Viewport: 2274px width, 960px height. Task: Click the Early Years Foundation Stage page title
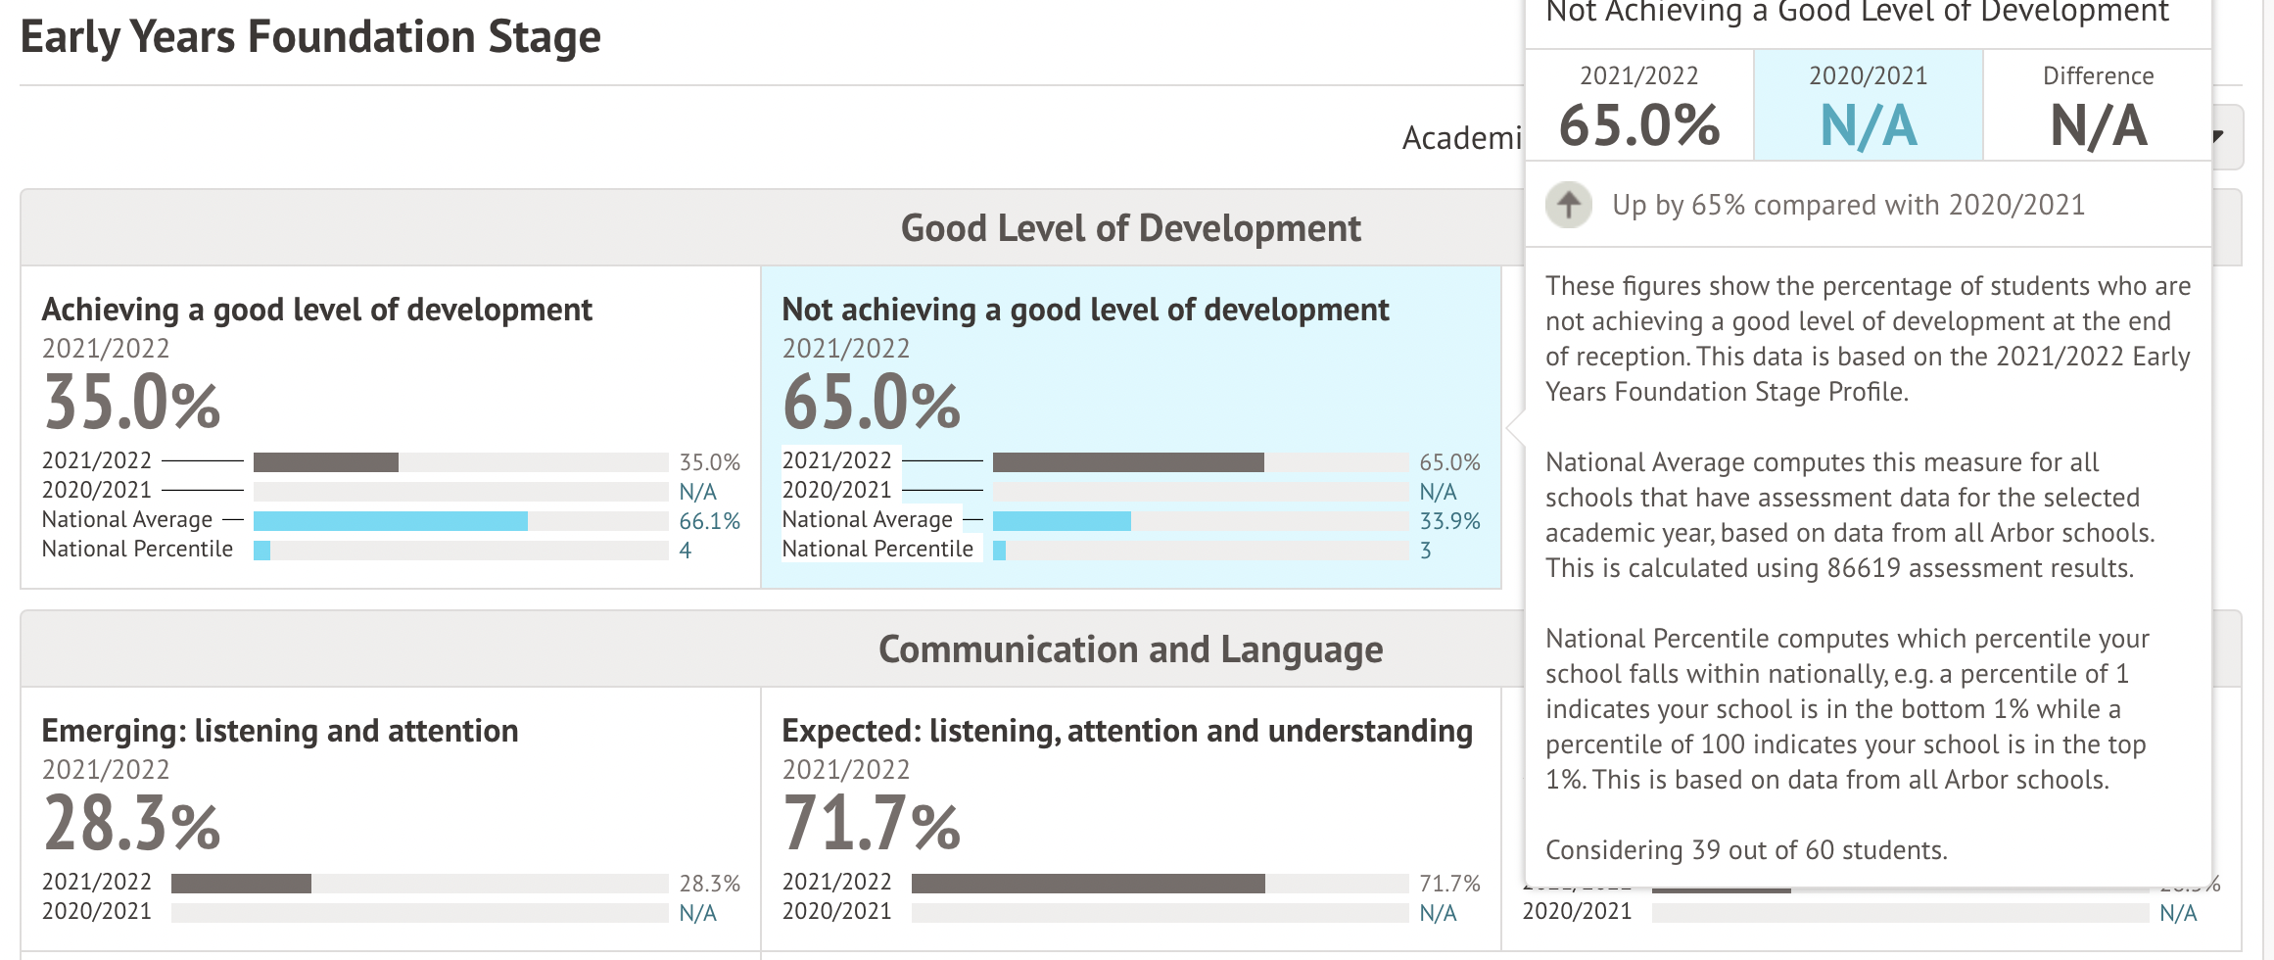tap(309, 37)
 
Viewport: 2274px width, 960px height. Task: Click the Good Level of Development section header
tap(1130, 228)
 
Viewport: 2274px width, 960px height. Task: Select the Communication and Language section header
tap(1130, 649)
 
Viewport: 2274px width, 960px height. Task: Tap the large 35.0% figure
tap(132, 403)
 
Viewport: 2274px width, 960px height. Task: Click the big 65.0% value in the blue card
tap(872, 403)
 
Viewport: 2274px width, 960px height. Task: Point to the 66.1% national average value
tap(709, 521)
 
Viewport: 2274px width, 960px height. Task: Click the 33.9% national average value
tap(1449, 521)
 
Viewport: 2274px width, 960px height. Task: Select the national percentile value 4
tap(686, 551)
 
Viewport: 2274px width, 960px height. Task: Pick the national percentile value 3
tap(1426, 551)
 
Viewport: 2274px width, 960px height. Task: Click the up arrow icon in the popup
tap(1569, 205)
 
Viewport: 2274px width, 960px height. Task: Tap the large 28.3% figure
tap(132, 824)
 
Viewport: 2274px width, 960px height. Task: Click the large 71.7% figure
tap(872, 824)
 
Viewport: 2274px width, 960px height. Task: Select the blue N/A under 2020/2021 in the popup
tap(1868, 126)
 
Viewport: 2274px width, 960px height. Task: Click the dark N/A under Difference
tap(2098, 126)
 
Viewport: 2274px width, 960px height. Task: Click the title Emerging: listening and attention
tap(279, 731)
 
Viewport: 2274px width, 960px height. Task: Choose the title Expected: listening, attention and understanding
tap(1126, 731)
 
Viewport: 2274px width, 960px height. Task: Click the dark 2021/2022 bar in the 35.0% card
tap(325, 462)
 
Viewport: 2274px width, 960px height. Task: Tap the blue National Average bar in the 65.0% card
tap(1062, 521)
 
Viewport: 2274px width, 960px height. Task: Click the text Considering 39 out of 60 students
tap(1746, 850)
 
